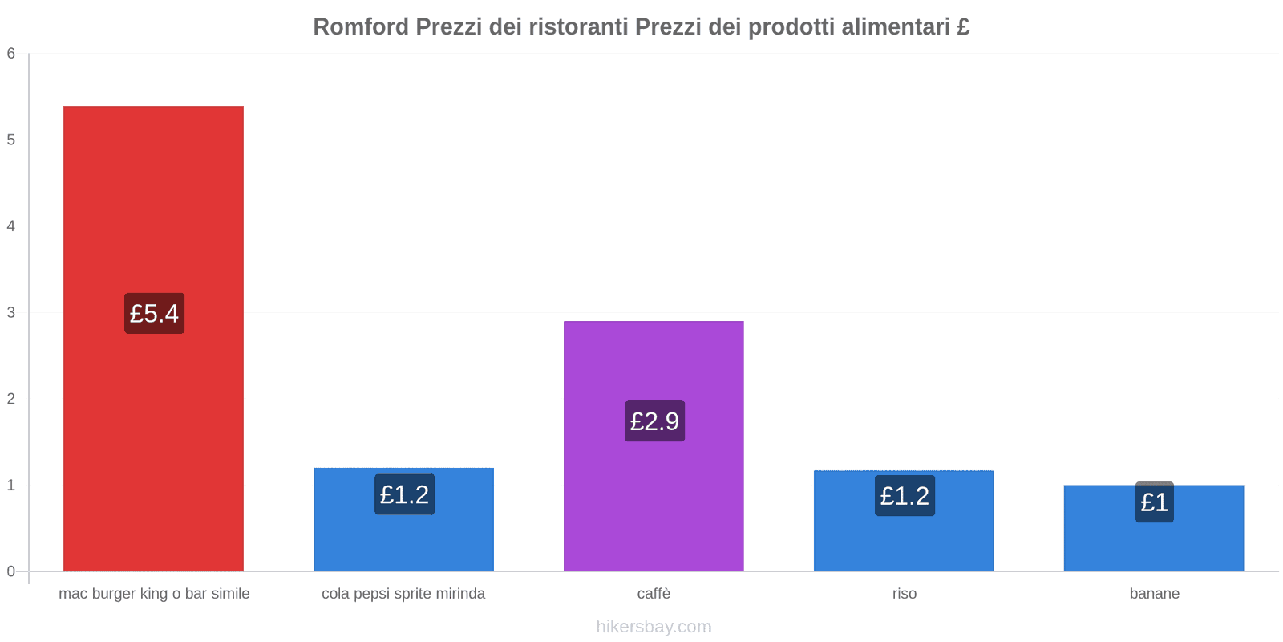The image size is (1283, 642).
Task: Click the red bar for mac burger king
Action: pos(153,201)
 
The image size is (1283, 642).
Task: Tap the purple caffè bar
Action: pos(654,361)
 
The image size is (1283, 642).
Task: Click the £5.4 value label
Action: pos(154,313)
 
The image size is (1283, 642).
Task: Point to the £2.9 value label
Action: pos(654,421)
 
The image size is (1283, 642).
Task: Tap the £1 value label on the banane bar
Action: pos(1154,502)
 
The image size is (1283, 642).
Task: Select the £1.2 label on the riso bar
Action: pos(905,496)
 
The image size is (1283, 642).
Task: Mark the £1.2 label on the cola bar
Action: pos(404,494)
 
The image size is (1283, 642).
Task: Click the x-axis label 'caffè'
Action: pos(654,594)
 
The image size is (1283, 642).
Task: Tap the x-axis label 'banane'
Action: pos(1154,594)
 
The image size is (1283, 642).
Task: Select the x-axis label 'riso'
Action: pos(904,594)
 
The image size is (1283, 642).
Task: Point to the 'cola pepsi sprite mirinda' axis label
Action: pos(403,594)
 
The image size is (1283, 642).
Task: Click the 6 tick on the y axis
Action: pos(11,54)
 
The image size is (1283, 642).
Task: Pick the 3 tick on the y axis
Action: pos(11,312)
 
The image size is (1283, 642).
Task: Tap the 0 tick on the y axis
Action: pos(11,571)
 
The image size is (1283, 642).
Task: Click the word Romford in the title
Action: pos(360,27)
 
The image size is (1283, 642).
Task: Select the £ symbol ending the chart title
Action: pos(963,27)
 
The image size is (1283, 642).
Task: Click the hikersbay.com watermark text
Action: pos(654,627)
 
